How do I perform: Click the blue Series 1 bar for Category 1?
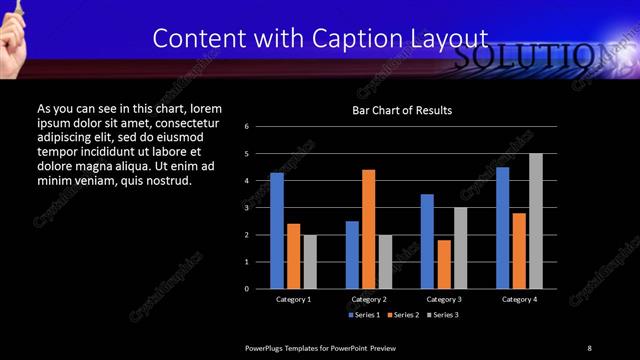pos(277,231)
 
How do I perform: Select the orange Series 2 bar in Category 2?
pos(369,229)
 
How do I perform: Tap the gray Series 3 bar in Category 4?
pos(536,221)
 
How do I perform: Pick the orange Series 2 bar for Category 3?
pos(444,264)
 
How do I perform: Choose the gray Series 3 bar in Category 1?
pos(310,262)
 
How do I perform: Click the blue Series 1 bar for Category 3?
pos(427,241)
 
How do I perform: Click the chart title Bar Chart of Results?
pos(402,109)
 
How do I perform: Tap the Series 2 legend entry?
pos(402,315)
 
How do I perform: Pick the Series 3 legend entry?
pos(442,315)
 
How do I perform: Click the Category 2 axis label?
pos(369,299)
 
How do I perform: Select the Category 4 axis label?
pos(519,299)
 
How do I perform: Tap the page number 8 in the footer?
pos(589,347)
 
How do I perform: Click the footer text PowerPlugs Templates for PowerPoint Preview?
pos(321,347)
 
